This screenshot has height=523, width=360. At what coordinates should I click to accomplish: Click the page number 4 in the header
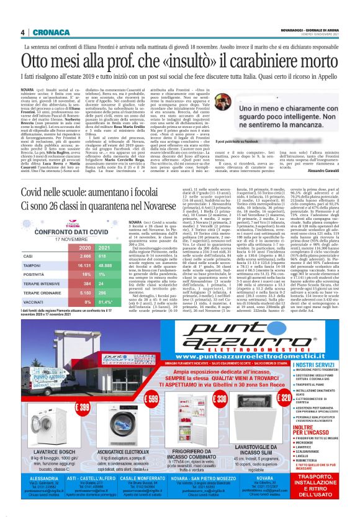(23, 32)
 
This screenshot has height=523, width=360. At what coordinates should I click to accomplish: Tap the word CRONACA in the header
(46, 32)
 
